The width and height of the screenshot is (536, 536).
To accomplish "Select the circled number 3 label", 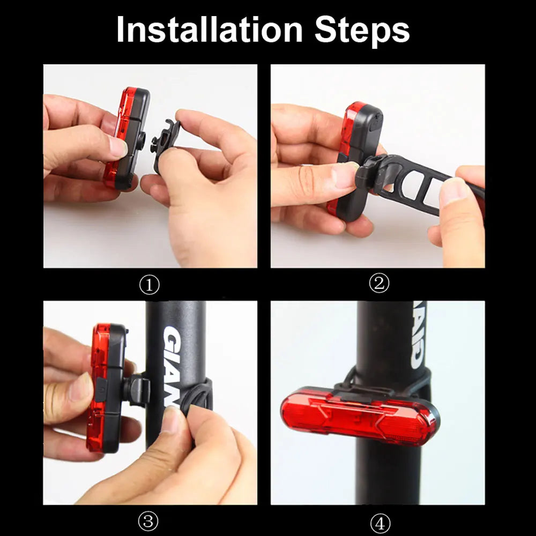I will (150, 522).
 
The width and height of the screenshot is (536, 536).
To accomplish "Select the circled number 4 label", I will (378, 523).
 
